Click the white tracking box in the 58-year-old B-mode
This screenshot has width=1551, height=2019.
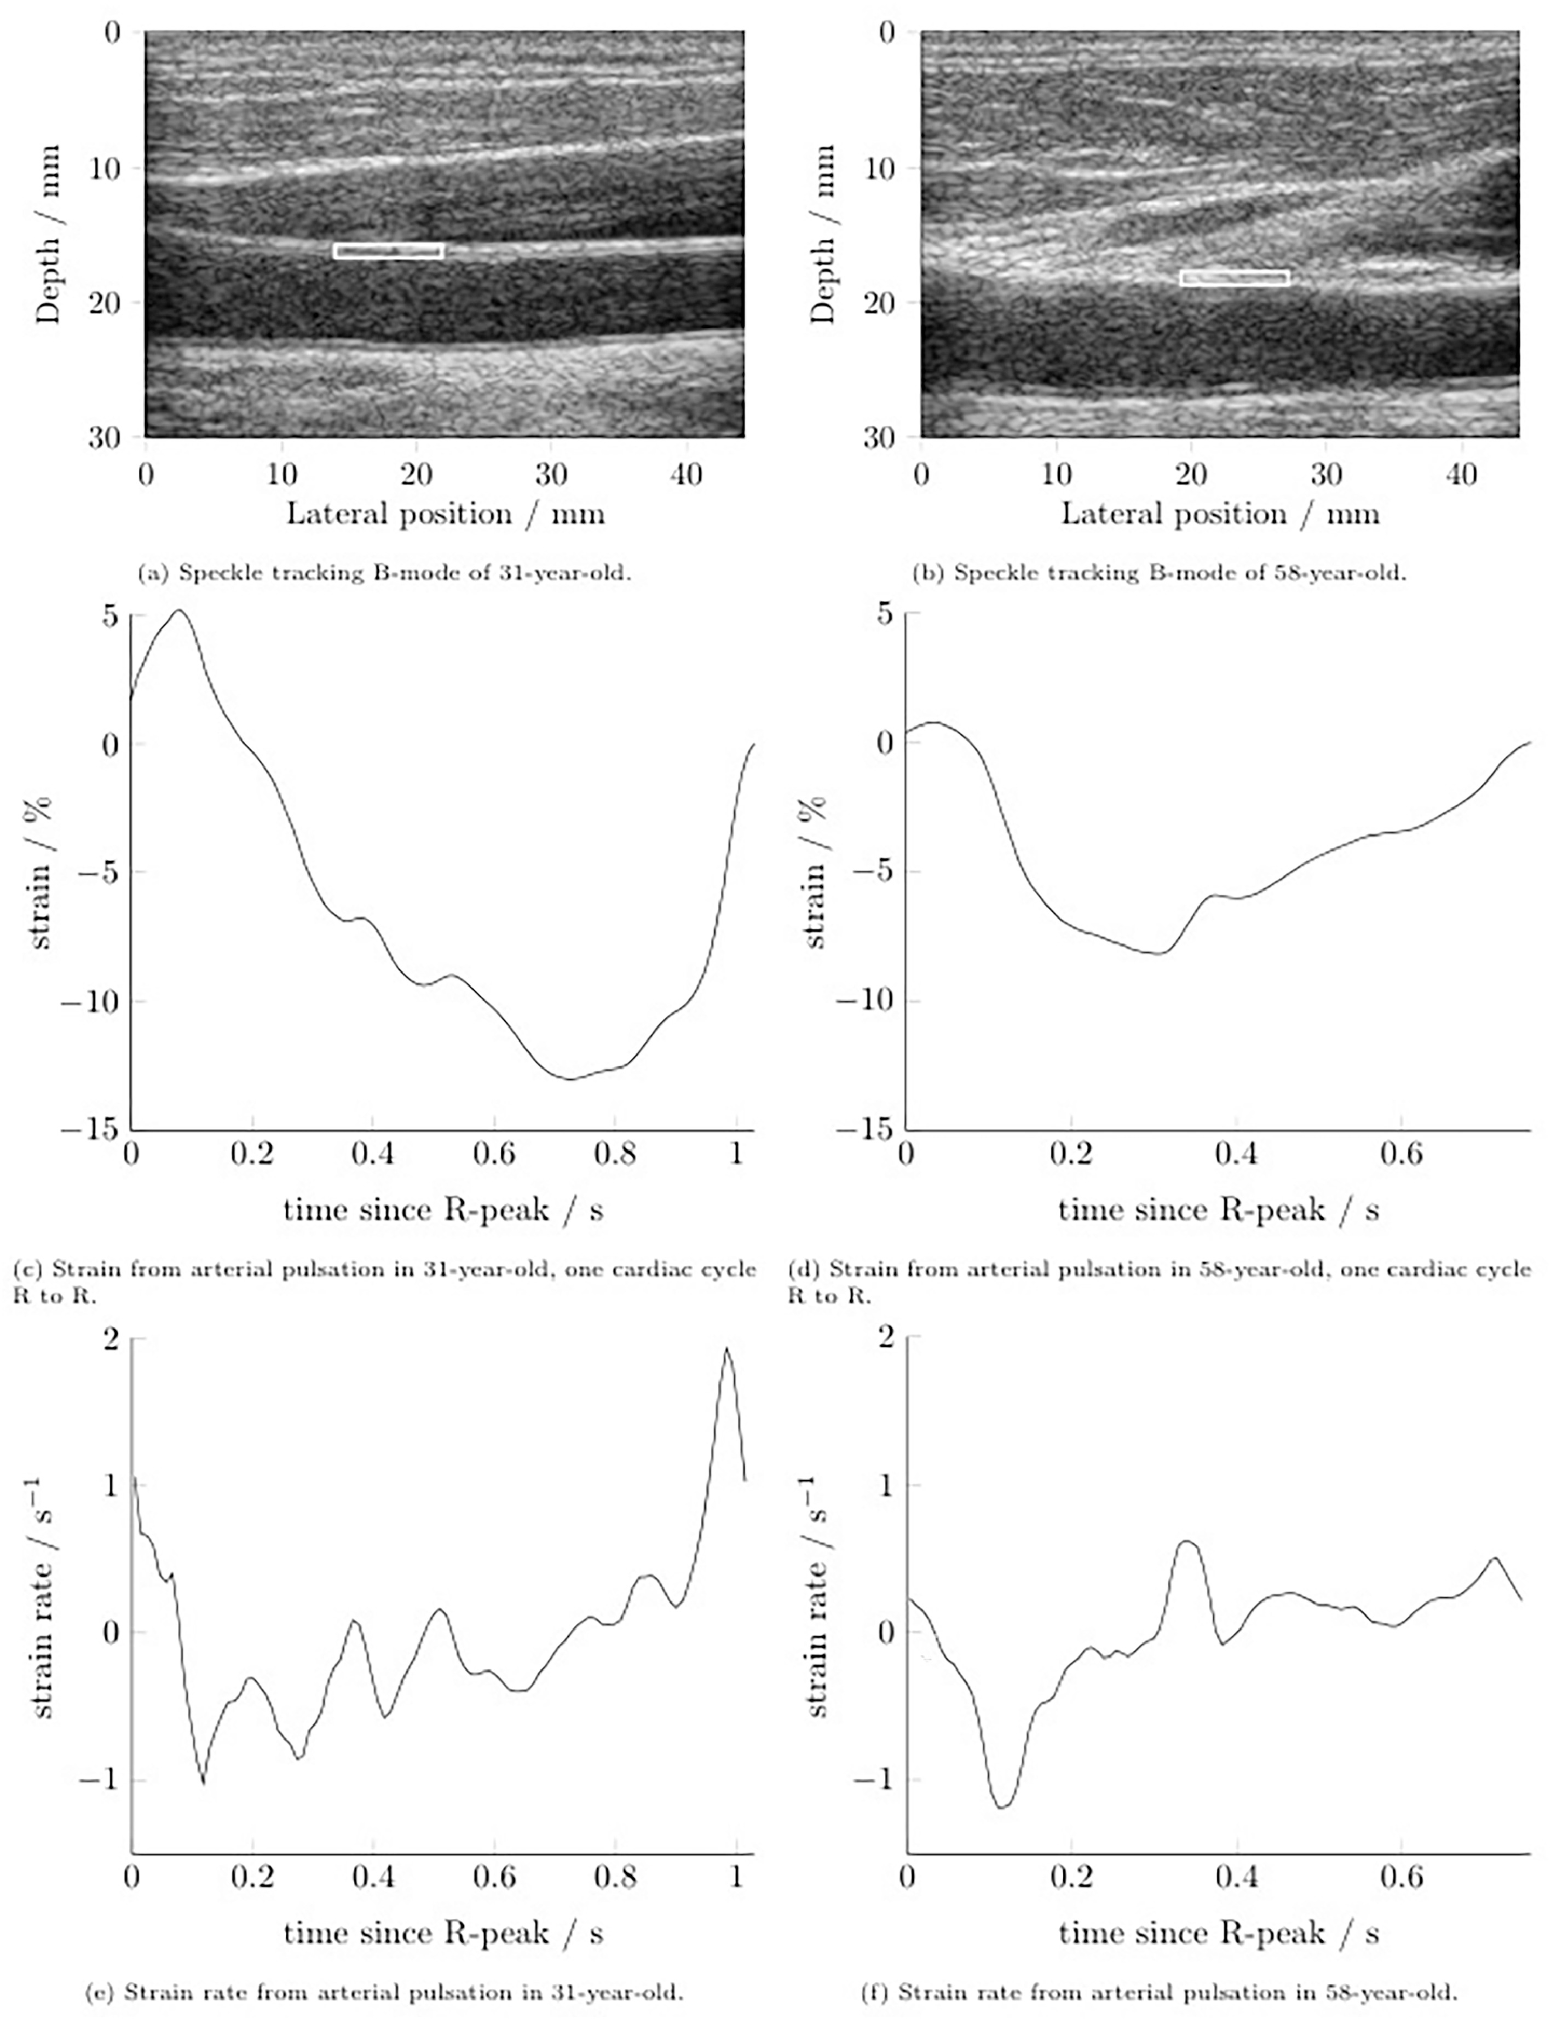coord(1235,278)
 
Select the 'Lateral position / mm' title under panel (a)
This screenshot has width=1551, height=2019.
coord(445,514)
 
